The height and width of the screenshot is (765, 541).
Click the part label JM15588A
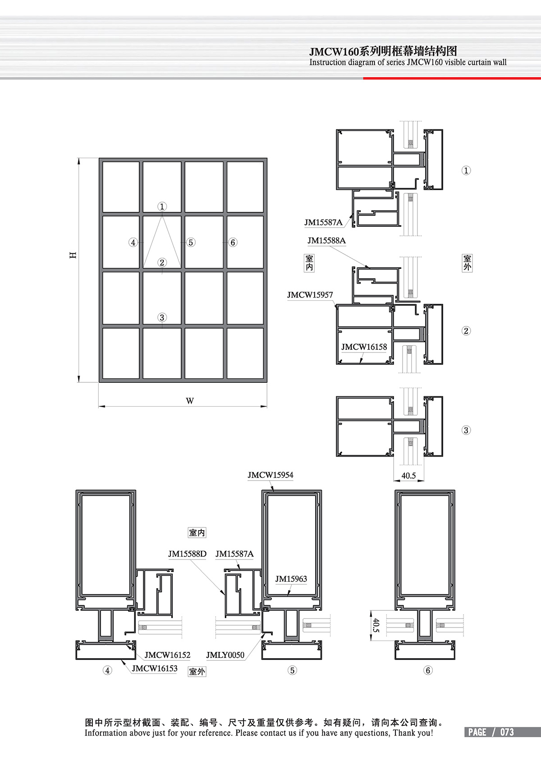[x=326, y=241]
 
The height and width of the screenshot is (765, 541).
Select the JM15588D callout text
[x=187, y=554]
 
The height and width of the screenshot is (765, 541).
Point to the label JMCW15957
[x=310, y=295]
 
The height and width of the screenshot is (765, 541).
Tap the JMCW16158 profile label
[x=364, y=347]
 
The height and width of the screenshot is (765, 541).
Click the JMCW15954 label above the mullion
[x=270, y=475]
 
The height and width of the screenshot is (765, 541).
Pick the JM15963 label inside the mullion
[x=291, y=579]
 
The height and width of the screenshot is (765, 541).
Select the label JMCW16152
[x=167, y=655]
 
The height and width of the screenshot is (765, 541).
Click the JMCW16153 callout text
[x=155, y=669]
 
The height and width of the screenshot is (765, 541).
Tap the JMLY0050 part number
[x=225, y=655]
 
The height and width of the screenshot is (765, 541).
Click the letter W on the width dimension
[x=190, y=401]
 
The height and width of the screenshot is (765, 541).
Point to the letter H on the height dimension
[x=73, y=255]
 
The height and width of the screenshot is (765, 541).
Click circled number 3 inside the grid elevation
[x=162, y=317]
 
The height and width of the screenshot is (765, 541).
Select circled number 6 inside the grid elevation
[x=233, y=243]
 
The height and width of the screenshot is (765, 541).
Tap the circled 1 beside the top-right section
[x=466, y=170]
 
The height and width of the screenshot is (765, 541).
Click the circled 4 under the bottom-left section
[x=107, y=670]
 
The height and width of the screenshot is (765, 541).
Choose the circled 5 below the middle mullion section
[x=292, y=670]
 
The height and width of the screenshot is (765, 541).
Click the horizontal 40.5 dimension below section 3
[x=408, y=476]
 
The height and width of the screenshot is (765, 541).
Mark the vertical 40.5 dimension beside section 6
[x=376, y=625]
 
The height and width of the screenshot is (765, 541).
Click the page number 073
[x=507, y=732]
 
